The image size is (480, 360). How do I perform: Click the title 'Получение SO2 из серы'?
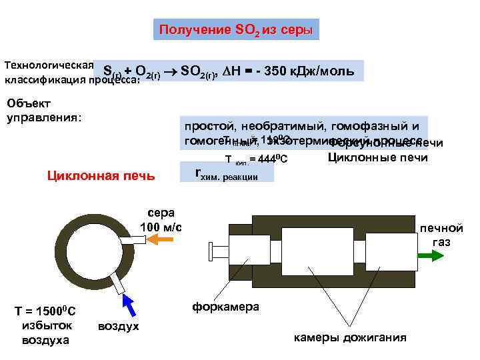pos(232,30)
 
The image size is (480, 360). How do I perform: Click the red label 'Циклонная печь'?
pos(101,176)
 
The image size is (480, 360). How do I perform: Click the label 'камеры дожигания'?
pos(350,337)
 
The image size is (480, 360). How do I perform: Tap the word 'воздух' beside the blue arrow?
pos(119,326)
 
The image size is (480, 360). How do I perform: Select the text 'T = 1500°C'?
pos(45,311)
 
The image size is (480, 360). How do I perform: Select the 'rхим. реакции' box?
pos(227,174)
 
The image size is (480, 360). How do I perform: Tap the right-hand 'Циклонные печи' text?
pos(377,157)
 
